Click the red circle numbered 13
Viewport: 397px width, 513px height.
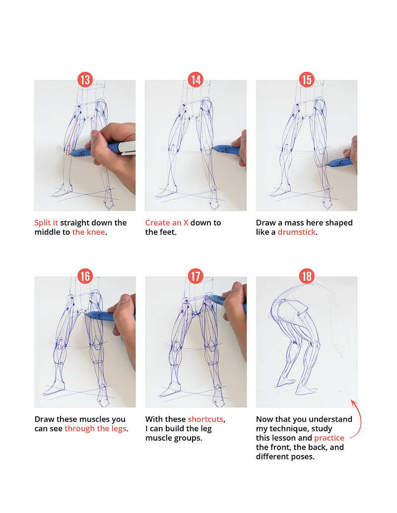click(x=85, y=79)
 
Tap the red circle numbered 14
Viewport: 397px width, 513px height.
click(x=196, y=79)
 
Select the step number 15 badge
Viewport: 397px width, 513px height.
click(x=307, y=79)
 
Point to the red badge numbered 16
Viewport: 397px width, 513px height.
click(x=85, y=276)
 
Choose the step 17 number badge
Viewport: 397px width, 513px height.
click(x=196, y=276)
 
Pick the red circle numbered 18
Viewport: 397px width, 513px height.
click(x=307, y=276)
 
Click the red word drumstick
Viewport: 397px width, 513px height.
click(x=297, y=232)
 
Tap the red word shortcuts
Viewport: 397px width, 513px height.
click(x=206, y=419)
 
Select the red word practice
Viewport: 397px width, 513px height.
click(x=329, y=438)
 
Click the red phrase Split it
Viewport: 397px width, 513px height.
click(x=46, y=223)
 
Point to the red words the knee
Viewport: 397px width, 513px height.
click(x=89, y=232)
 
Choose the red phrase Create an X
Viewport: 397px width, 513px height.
click(x=167, y=223)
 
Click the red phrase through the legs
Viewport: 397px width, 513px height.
click(x=95, y=429)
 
